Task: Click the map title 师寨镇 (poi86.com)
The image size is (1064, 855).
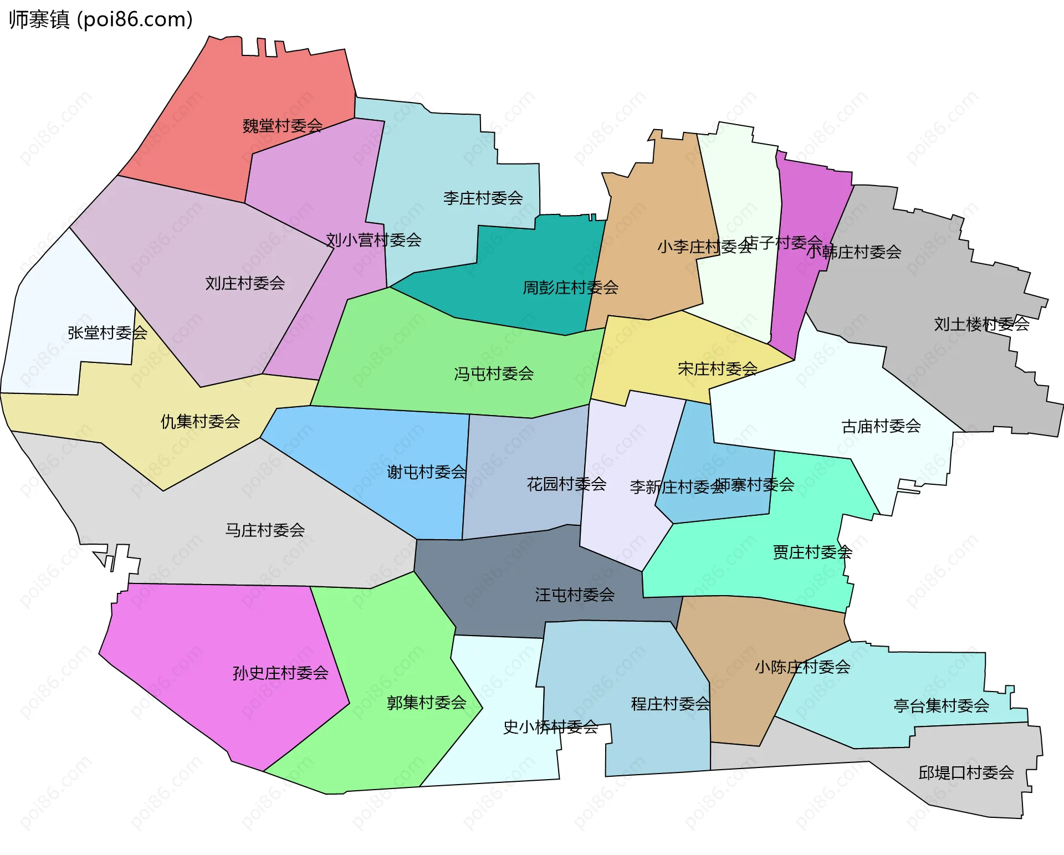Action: [100, 20]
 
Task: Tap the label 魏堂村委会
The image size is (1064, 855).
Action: [283, 126]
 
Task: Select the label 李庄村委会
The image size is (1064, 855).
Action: [483, 198]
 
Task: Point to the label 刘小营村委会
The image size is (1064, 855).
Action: [374, 240]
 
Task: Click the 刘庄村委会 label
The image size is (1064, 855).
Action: [245, 283]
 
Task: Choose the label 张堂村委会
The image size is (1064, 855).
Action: [108, 332]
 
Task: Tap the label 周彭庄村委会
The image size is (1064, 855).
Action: [570, 288]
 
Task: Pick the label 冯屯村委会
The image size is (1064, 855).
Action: [494, 373]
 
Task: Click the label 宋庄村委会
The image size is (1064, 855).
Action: [718, 368]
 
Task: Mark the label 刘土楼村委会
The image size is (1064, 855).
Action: [981, 324]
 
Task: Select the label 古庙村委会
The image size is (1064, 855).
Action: [881, 426]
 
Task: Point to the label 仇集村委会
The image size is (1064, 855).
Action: [200, 421]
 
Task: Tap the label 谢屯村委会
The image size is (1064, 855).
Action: [427, 472]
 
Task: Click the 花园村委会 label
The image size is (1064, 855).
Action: [566, 484]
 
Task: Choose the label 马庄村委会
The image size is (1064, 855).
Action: [265, 530]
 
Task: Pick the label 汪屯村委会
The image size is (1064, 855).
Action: [575, 595]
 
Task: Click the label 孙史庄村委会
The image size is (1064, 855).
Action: [280, 673]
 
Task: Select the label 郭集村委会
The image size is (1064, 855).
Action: [427, 703]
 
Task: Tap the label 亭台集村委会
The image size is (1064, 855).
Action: [941, 705]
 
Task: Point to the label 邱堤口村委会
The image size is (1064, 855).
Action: [966, 772]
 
